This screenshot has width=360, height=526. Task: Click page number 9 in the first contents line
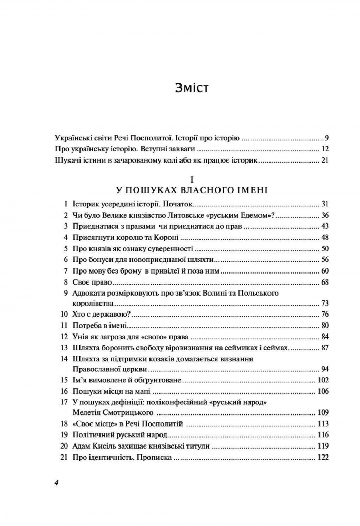pos(327,138)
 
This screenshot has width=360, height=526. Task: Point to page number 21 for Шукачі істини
pos(325,160)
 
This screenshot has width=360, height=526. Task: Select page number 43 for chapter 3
pos(324,226)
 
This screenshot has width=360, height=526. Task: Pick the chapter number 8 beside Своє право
pos(64,282)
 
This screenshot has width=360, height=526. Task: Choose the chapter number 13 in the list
pos(64,348)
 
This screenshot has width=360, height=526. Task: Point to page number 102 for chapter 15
pos(323,380)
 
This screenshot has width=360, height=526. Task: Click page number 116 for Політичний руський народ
pos(323,435)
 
